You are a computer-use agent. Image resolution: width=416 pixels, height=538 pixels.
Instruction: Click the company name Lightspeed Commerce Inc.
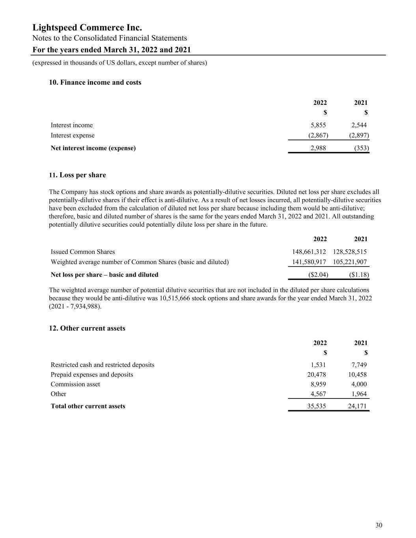pos(87,28)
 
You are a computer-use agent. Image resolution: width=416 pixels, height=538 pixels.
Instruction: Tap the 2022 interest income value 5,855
pos(318,125)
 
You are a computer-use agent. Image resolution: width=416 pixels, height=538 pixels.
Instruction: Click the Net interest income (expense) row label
pos(93,148)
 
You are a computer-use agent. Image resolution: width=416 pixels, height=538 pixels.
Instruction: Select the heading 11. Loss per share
pos(77,175)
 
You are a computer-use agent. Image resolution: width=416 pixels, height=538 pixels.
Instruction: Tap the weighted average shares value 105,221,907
pos(350,262)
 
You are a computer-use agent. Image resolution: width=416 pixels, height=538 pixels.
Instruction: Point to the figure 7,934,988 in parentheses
pos(84,306)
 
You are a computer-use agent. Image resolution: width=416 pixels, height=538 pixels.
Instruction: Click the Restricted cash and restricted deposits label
pos(103,365)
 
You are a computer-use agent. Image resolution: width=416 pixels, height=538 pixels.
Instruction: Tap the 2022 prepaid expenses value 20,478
pos(317,374)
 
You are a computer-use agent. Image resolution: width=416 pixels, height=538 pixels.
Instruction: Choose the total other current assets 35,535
pos(317,406)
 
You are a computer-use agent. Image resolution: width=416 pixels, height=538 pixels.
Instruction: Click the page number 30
pos(379,525)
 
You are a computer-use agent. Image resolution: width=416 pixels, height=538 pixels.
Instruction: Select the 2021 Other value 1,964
pos(359,394)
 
